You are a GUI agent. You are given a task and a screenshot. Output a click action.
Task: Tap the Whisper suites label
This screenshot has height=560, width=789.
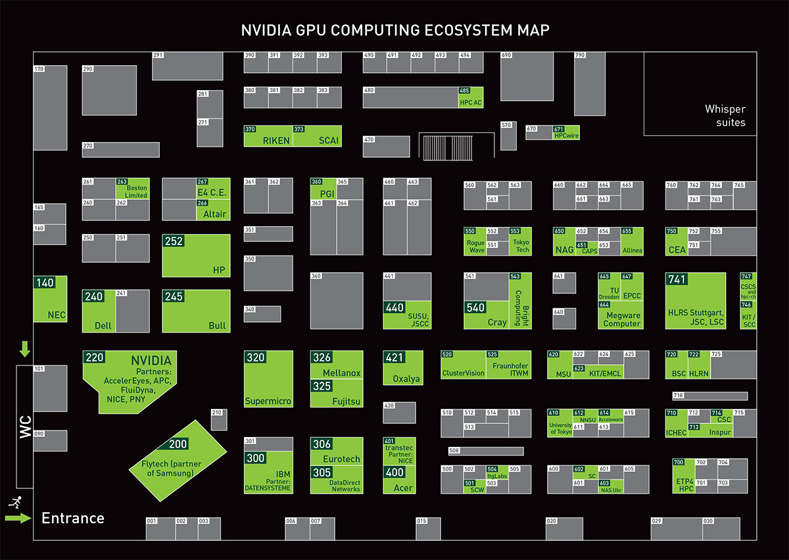(725, 116)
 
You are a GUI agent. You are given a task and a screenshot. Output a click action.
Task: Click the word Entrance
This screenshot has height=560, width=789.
(73, 518)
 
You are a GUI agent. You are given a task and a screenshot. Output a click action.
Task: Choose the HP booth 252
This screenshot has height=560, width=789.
(196, 256)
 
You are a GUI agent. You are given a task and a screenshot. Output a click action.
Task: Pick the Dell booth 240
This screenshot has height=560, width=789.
(99, 311)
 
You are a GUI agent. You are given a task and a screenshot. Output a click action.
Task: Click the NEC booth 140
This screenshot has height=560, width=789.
(51, 300)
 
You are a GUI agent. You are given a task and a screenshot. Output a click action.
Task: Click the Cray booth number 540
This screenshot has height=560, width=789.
(475, 308)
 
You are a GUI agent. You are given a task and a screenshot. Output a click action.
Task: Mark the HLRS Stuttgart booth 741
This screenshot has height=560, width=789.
(695, 300)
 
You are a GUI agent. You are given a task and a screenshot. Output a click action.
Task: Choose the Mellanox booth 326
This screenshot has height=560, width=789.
(336, 365)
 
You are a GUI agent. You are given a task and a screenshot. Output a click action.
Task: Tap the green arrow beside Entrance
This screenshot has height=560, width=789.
(18, 519)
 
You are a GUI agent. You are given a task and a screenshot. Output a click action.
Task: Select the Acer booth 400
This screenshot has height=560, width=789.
(400, 480)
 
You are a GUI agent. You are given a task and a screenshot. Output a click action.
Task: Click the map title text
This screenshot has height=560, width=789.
(394, 30)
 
